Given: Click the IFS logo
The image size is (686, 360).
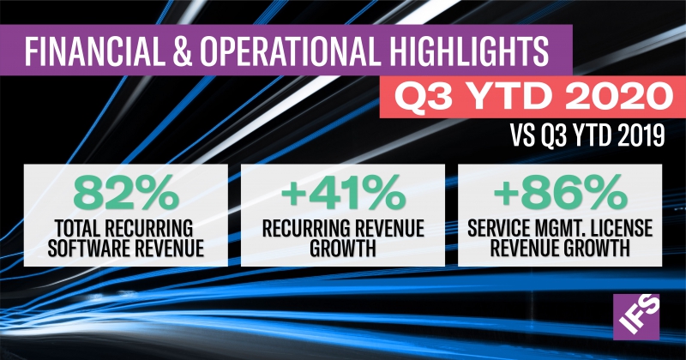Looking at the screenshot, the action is tap(636, 316).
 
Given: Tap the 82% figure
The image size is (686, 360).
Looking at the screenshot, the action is tap(126, 193).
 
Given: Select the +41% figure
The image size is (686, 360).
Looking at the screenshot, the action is tap(343, 193).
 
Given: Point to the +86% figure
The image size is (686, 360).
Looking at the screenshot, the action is tap(560, 193).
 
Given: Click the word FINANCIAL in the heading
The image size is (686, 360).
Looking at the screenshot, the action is tap(93, 51).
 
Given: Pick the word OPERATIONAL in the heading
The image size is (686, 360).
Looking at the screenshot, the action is tap(288, 51).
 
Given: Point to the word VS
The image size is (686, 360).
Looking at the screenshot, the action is tap(523, 135).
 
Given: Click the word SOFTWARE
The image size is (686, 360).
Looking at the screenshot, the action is tap(89, 248).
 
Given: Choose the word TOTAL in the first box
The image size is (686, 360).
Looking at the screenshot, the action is tap(79, 227).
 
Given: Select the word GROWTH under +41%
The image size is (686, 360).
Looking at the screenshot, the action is tap(343, 248).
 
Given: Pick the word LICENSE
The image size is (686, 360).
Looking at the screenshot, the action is tap(621, 227).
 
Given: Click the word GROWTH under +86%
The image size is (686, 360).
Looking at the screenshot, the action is tap(597, 248).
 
